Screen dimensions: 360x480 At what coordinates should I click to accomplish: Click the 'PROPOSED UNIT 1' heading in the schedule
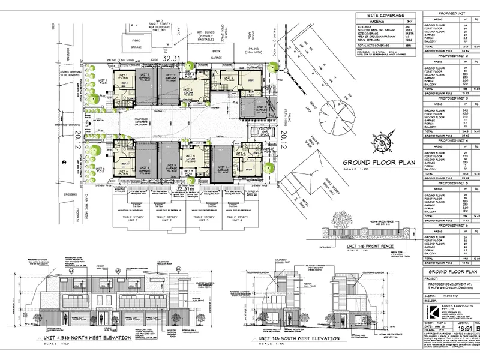click(449, 13)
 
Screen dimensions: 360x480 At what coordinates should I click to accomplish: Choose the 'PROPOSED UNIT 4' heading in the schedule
click(449, 142)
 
